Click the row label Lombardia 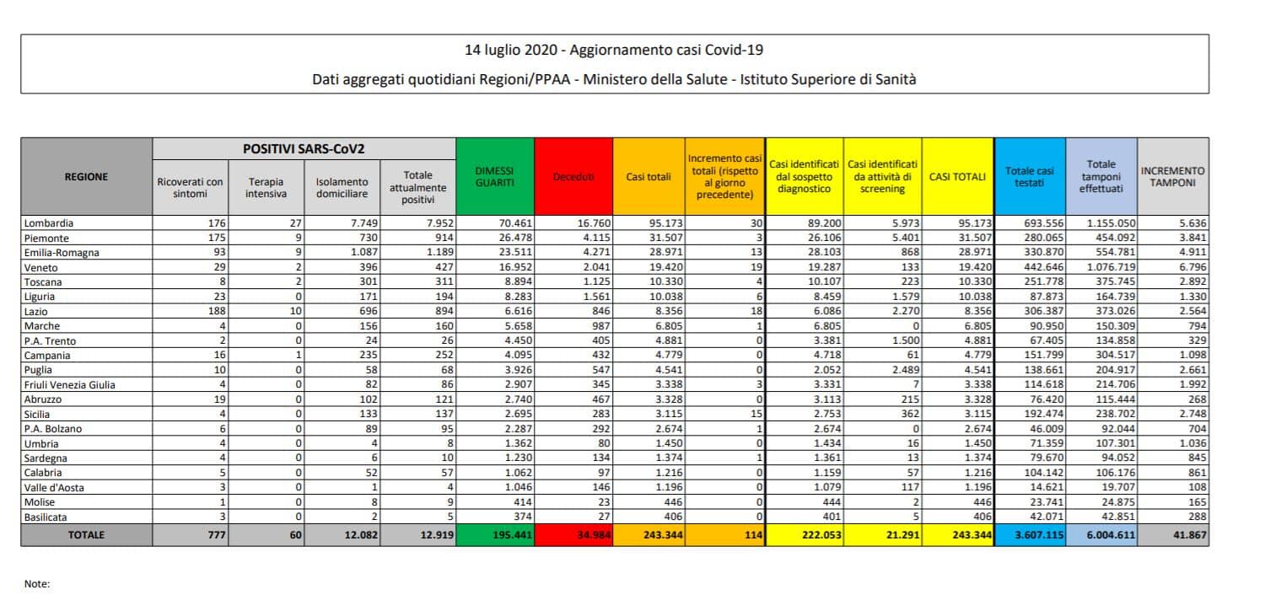[x=49, y=223]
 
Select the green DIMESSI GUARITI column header [x=495, y=177]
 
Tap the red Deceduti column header [x=573, y=177]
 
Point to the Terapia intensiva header [x=266, y=187]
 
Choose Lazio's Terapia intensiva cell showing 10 [x=296, y=311]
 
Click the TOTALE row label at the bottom [x=86, y=535]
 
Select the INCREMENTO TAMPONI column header [x=1173, y=177]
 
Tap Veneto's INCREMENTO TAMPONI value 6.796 [x=1193, y=267]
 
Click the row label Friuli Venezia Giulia [x=69, y=385]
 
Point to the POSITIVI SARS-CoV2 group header [x=304, y=149]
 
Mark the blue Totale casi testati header [x=1030, y=177]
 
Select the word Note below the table [x=37, y=584]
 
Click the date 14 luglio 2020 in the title [x=511, y=51]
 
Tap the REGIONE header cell [x=86, y=177]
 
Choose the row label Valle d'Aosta [x=54, y=487]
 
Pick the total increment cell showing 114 [x=754, y=535]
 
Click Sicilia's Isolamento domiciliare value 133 [x=369, y=414]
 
